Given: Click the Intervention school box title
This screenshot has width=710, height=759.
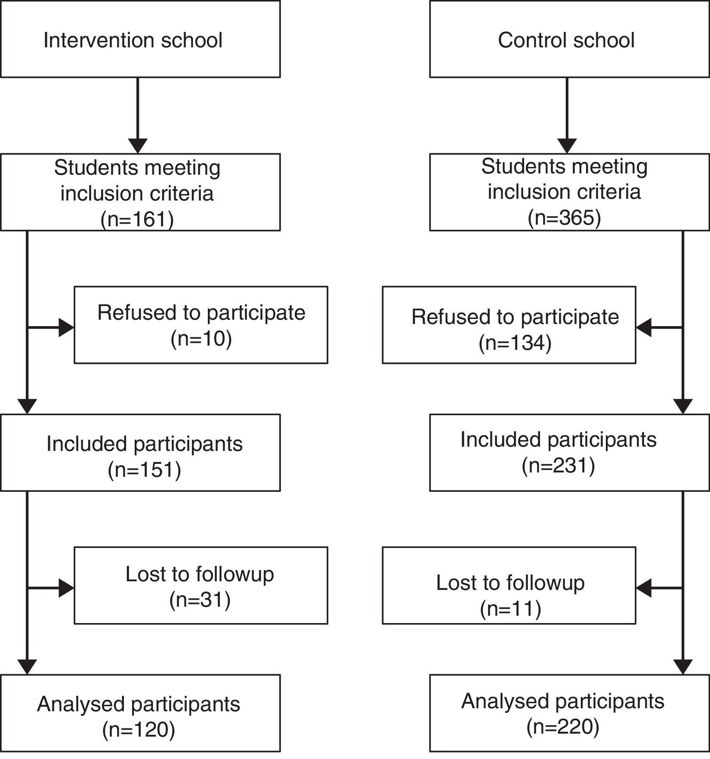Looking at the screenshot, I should coord(133,40).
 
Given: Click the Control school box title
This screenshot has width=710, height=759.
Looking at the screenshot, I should coord(566,40).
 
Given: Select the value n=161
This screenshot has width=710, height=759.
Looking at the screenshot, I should coord(137,219).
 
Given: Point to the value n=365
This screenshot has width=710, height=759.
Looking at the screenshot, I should coord(564,218).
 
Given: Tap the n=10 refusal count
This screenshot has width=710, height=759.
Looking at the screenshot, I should coord(201,339).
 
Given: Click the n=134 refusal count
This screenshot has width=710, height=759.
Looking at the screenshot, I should coord(515,343).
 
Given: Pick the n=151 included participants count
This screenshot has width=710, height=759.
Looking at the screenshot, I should coord(145,469).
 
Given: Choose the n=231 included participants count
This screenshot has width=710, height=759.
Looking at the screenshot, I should coord(559,465).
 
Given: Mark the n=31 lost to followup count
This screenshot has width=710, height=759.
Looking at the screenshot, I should coord(200,599).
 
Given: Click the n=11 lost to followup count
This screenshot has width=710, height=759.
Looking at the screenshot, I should coord(510,608).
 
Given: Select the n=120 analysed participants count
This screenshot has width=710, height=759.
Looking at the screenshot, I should coord(139,730).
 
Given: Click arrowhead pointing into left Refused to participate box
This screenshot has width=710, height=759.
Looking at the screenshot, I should coord(66,328).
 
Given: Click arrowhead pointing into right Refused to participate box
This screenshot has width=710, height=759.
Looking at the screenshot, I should coord(644,328).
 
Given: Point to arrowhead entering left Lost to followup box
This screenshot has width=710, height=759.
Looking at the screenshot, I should coord(66,588).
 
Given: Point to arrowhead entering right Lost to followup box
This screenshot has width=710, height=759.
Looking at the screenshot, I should coord(644,588).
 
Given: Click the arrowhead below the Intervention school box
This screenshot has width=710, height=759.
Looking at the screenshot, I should coord(138,145).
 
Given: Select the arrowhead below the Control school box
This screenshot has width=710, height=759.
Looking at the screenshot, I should coord(567,145).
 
